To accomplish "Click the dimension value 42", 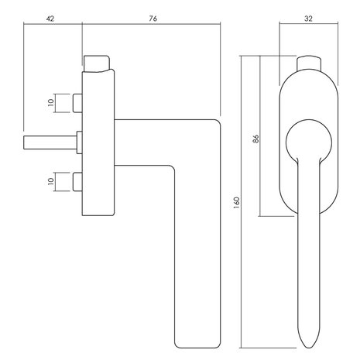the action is click(50, 19).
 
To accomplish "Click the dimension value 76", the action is click(153, 19).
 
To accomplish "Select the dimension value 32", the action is click(308, 19).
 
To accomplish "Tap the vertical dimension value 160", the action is click(236, 203).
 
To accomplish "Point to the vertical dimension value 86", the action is click(255, 139).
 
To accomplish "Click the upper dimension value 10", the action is click(51, 103).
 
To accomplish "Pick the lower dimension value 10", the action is click(51, 181).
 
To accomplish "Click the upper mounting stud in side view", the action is click(77, 103).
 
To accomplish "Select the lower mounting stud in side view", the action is click(77, 182).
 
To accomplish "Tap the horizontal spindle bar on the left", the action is click(50, 142).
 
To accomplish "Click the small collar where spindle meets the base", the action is click(80, 142).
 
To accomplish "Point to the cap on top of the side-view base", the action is click(96, 63).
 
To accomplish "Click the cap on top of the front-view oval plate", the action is click(309, 63).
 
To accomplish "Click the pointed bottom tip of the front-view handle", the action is click(309, 348).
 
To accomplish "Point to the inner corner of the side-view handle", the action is click(172, 168).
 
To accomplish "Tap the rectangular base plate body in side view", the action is click(98, 142).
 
